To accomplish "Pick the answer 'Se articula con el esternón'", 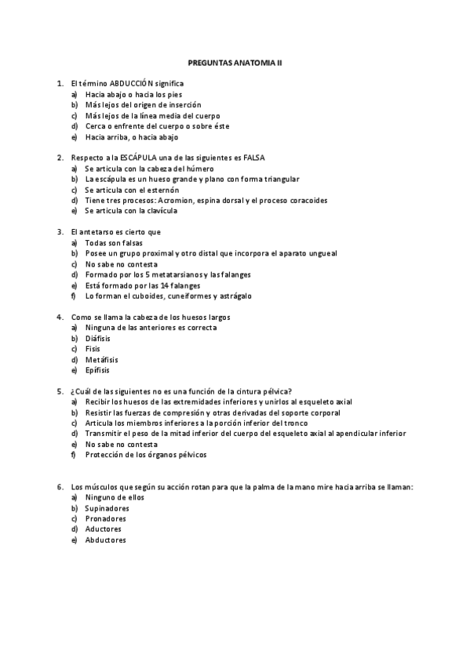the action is click(x=132, y=190).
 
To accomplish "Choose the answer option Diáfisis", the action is click(x=98, y=338).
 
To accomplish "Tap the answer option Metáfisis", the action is click(x=101, y=359).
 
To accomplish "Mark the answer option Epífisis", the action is click(x=98, y=370).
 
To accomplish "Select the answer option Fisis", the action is click(x=93, y=349).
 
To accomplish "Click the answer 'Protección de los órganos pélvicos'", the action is click(x=147, y=455).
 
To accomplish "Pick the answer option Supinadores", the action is click(x=107, y=508).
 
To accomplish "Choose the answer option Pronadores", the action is click(x=106, y=518).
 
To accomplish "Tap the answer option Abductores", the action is click(x=106, y=540).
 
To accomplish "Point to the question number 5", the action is click(x=60, y=391).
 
